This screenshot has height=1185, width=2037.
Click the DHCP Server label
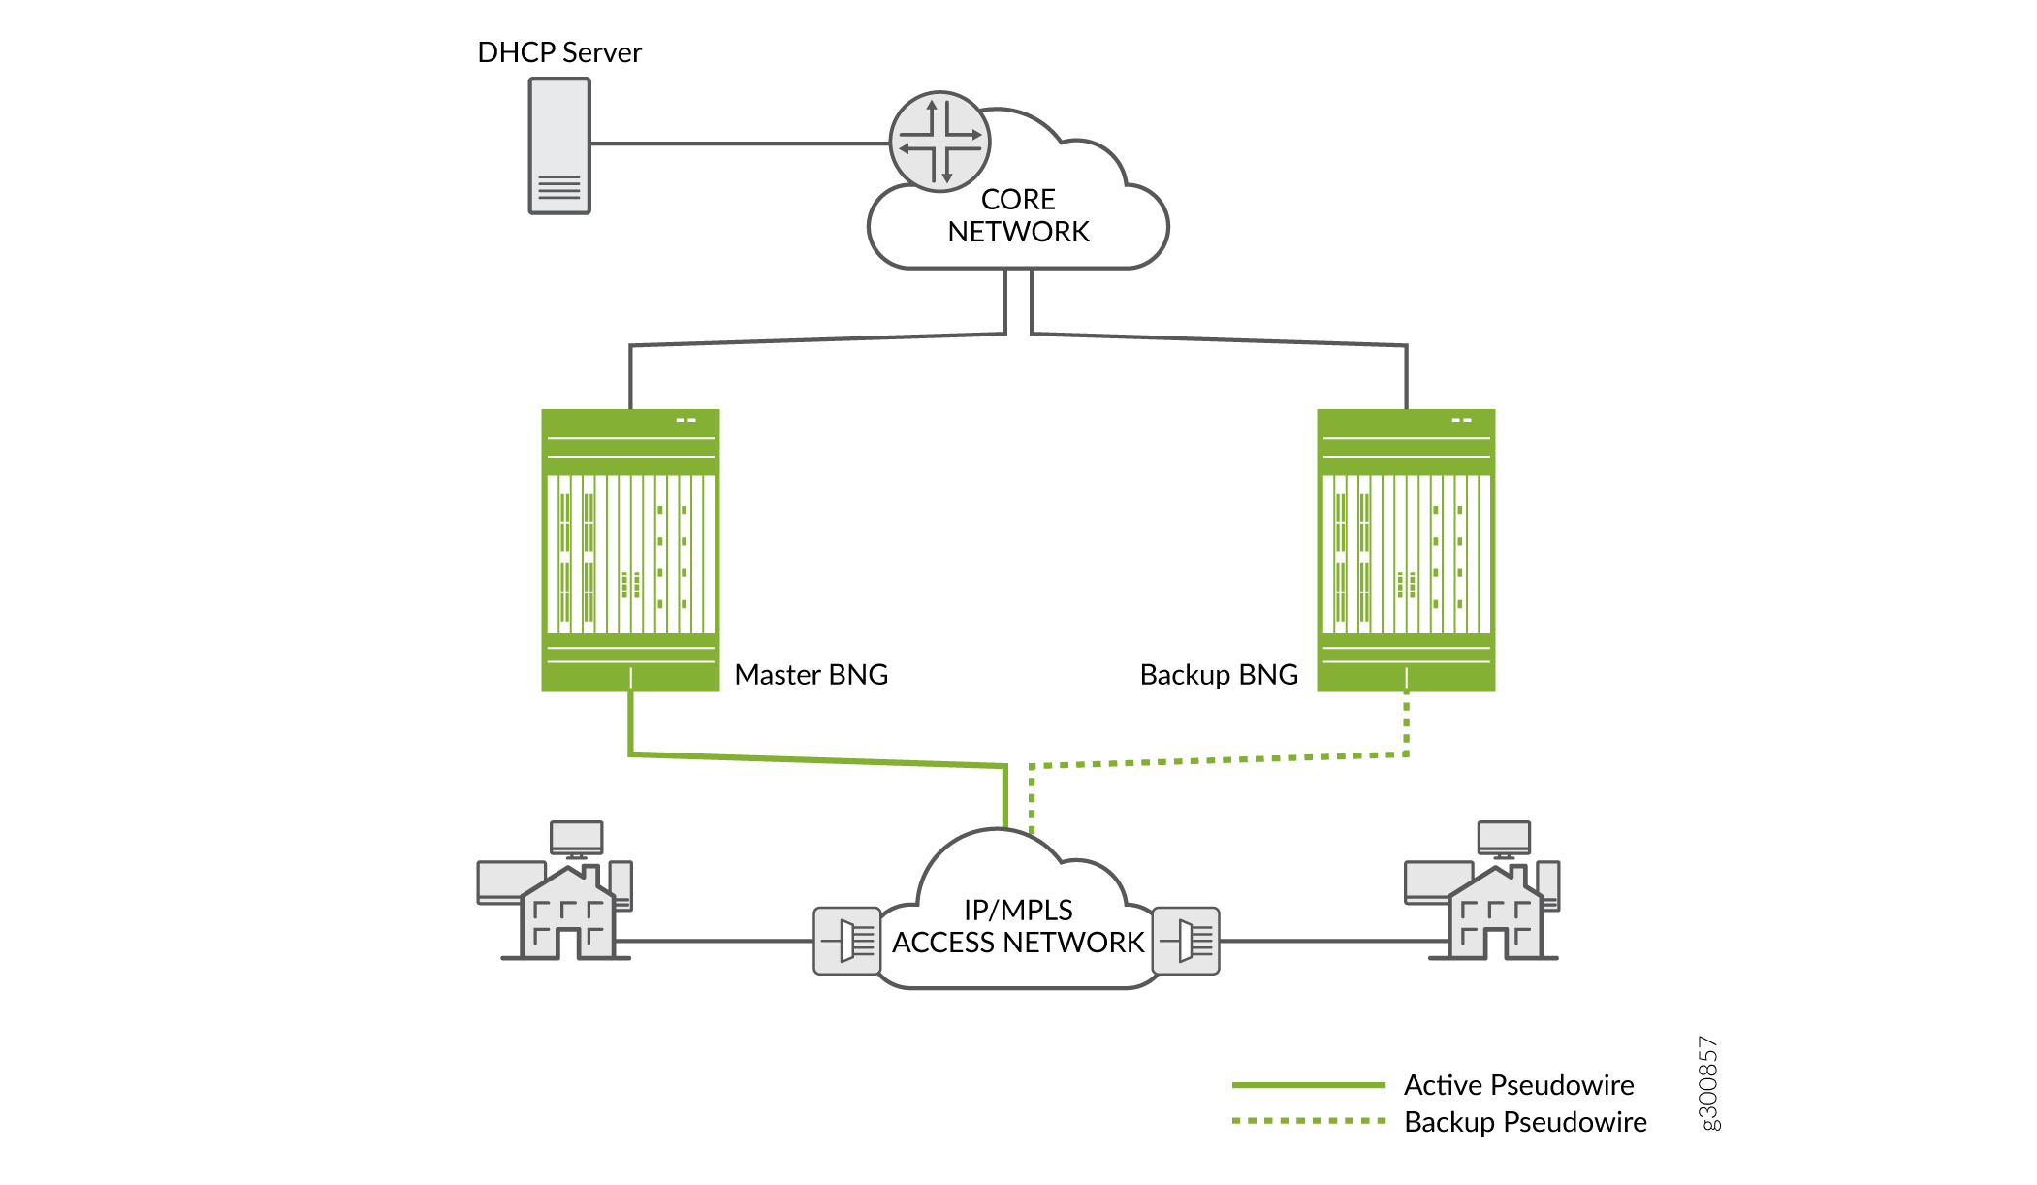click(559, 52)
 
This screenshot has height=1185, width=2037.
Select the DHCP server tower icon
click(559, 145)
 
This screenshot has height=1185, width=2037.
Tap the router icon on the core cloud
click(939, 142)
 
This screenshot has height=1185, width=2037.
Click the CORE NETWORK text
click(1018, 215)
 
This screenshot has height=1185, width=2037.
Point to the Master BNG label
click(811, 675)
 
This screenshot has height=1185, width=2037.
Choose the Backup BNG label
click(1219, 675)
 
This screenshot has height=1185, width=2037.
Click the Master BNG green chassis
click(630, 550)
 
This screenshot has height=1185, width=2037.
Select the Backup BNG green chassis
click(1406, 550)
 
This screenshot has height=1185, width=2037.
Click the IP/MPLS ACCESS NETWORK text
click(1018, 926)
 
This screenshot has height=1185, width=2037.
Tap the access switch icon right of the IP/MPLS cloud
click(1186, 941)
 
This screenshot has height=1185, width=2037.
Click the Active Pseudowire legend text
click(1518, 1085)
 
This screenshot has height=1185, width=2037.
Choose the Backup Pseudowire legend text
click(1525, 1122)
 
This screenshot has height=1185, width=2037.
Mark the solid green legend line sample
click(1308, 1085)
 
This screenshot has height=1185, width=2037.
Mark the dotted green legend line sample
click(1308, 1121)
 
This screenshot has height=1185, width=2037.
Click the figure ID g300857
click(1708, 1082)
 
